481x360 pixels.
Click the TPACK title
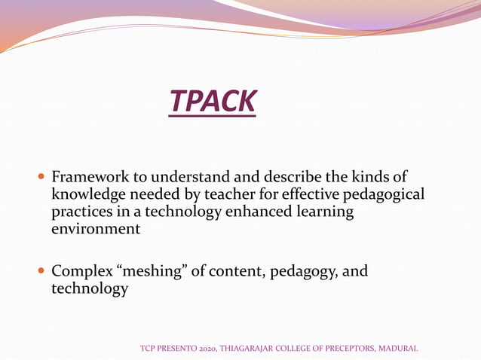coord(213,102)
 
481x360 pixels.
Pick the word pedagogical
coord(382,195)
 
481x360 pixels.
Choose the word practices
coord(81,212)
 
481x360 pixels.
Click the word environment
coord(96,229)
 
